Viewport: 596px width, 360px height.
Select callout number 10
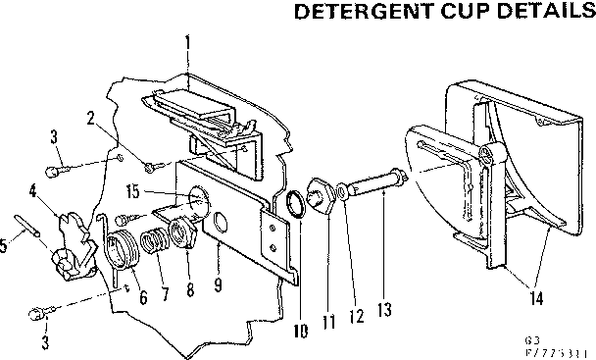[301, 332]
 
